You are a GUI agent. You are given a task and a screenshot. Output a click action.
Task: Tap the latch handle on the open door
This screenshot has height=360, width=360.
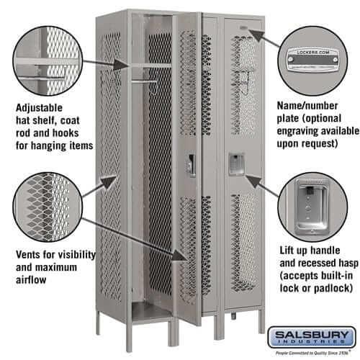click(x=191, y=166)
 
